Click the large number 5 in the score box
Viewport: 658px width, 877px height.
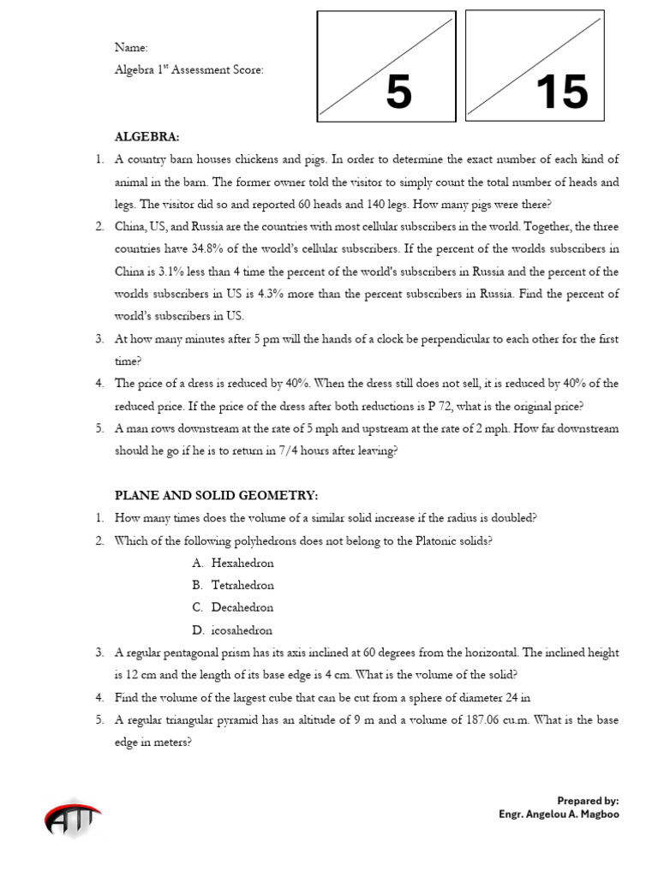pos(398,92)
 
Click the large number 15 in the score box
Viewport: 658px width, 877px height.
pos(561,92)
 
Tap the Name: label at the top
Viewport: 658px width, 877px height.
pos(131,48)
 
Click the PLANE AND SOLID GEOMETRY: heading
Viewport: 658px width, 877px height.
pos(217,495)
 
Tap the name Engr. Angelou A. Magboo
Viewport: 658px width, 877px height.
pos(559,814)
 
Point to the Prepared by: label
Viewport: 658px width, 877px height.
pos(588,801)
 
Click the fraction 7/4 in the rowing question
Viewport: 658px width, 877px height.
pos(314,450)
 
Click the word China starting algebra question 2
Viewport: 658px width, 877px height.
pos(131,227)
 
